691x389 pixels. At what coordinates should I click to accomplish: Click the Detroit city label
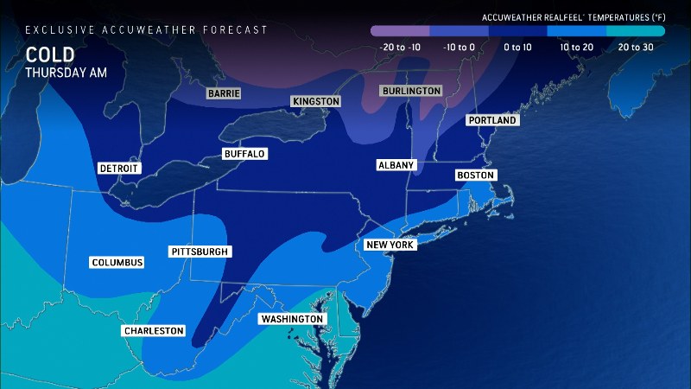(119, 168)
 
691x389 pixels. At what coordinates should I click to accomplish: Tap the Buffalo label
(244, 154)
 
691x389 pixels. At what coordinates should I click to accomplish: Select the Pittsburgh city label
(200, 252)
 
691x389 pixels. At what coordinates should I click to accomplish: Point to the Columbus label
(117, 262)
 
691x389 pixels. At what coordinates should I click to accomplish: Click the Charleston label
(154, 330)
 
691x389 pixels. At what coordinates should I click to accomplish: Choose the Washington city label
(293, 319)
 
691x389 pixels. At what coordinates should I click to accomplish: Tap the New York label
(391, 245)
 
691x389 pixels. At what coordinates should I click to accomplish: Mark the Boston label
(475, 175)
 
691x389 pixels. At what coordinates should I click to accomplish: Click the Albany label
(397, 164)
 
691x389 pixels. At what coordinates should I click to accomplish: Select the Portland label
(492, 120)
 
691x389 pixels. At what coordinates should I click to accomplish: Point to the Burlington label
(411, 91)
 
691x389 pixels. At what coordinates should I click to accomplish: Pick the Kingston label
(316, 101)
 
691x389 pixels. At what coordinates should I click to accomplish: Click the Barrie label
(223, 92)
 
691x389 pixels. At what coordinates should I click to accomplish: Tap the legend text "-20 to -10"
(400, 47)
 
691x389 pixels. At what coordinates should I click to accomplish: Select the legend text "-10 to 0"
(459, 47)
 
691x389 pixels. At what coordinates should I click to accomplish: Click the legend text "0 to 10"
(517, 47)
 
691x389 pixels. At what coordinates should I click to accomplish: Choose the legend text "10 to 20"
(576, 47)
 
